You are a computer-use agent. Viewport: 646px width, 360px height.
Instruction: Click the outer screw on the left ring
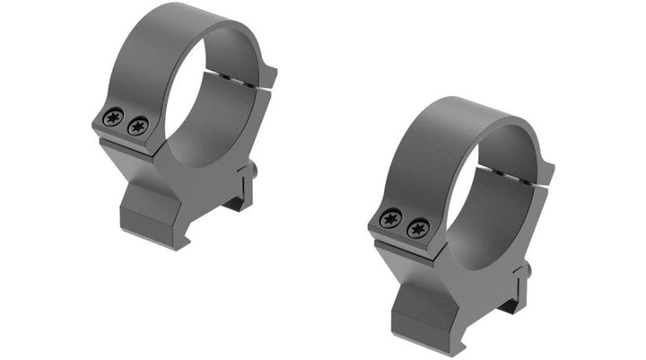pyautogui.click(x=113, y=117)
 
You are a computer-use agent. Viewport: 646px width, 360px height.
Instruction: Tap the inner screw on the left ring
pyautogui.click(x=137, y=127)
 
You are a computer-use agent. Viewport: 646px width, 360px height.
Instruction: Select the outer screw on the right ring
pyautogui.click(x=391, y=218)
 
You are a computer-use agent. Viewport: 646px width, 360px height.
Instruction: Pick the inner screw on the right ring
pyautogui.click(x=417, y=229)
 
